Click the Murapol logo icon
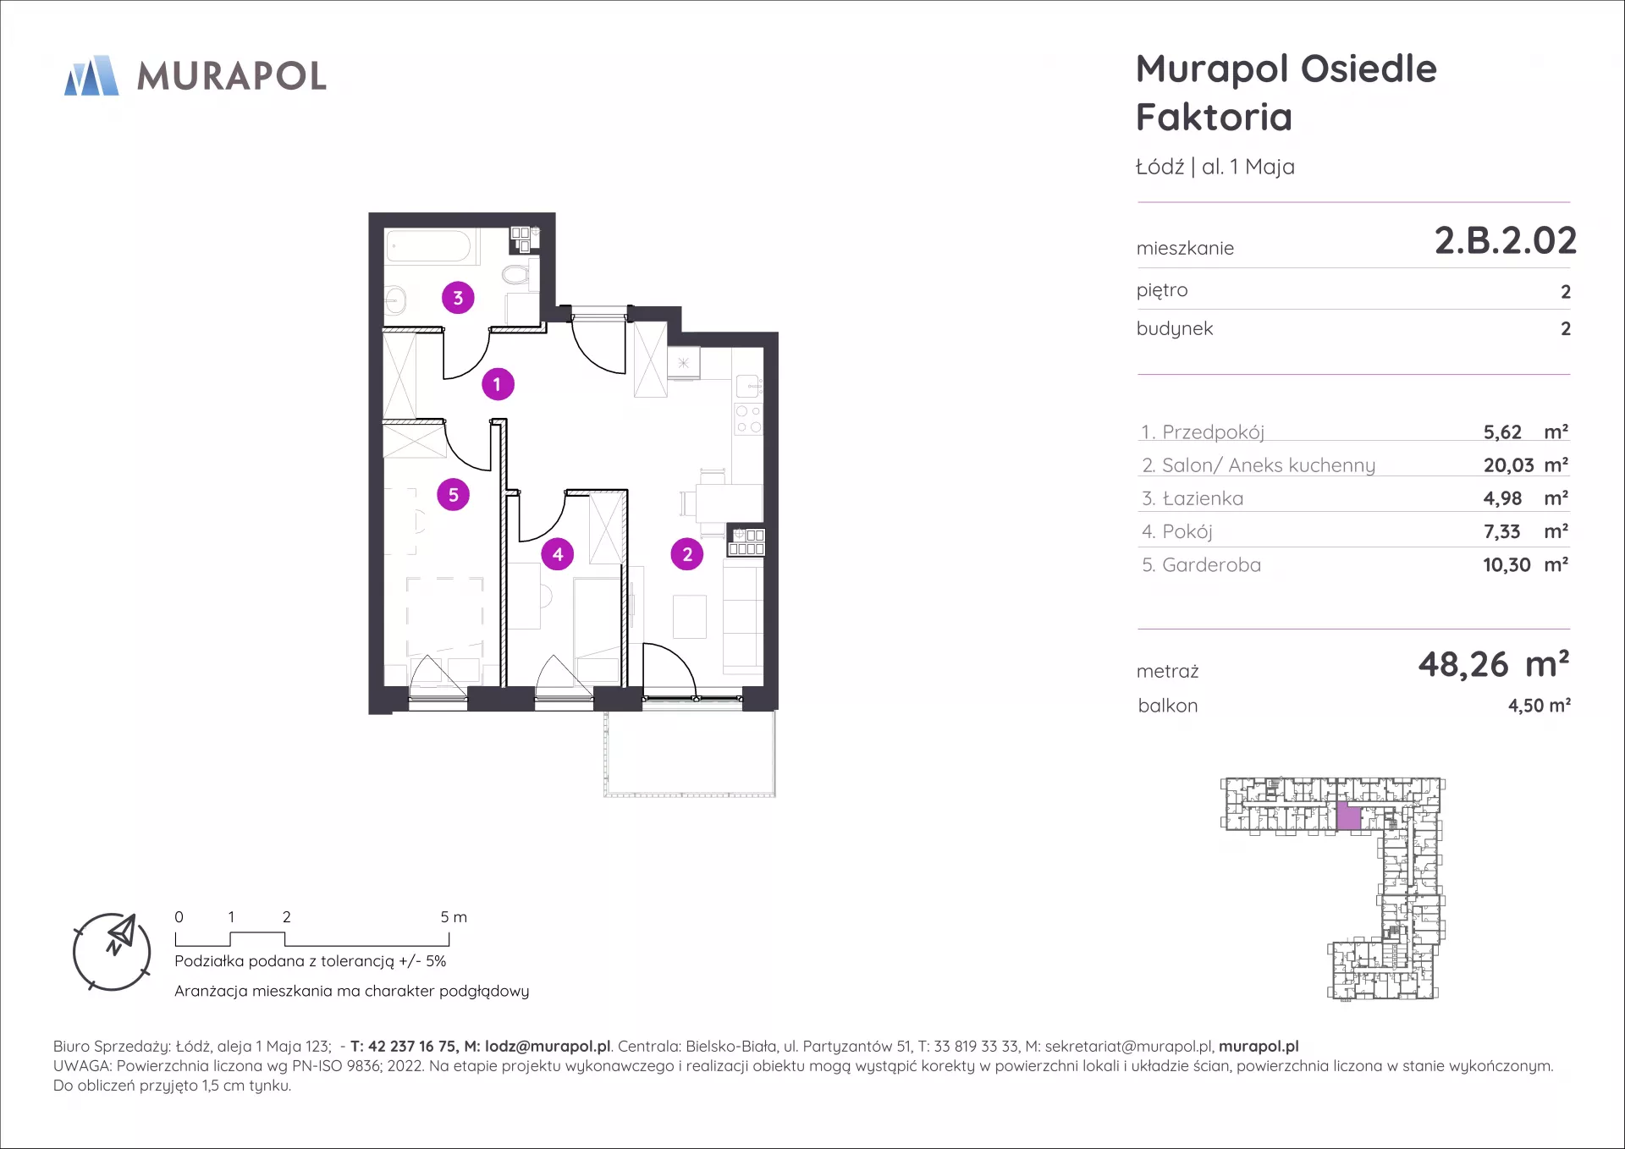91,75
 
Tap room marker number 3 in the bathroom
458,298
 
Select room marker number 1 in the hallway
498,384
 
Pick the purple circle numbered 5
453,495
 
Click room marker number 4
558,554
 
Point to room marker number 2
687,554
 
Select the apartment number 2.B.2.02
1505,240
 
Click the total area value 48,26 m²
1494,664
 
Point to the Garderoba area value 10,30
1507,564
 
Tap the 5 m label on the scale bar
454,916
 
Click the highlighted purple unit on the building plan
1348,816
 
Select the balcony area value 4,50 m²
1540,705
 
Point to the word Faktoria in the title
1215,117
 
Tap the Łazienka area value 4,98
1502,498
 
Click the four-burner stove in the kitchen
748,419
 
